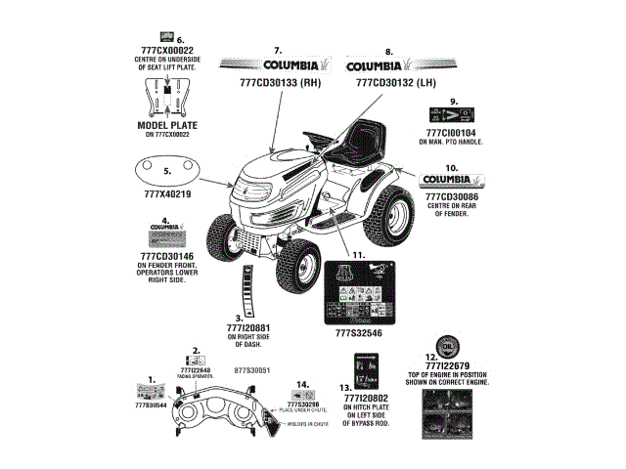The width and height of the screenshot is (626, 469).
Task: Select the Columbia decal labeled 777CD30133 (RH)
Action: pyautogui.click(x=278, y=65)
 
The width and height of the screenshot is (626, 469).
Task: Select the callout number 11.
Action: pyautogui.click(x=358, y=255)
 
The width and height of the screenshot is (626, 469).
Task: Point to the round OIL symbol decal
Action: pyautogui.click(x=444, y=348)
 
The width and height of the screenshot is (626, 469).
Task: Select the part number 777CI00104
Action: pyautogui.click(x=452, y=132)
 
